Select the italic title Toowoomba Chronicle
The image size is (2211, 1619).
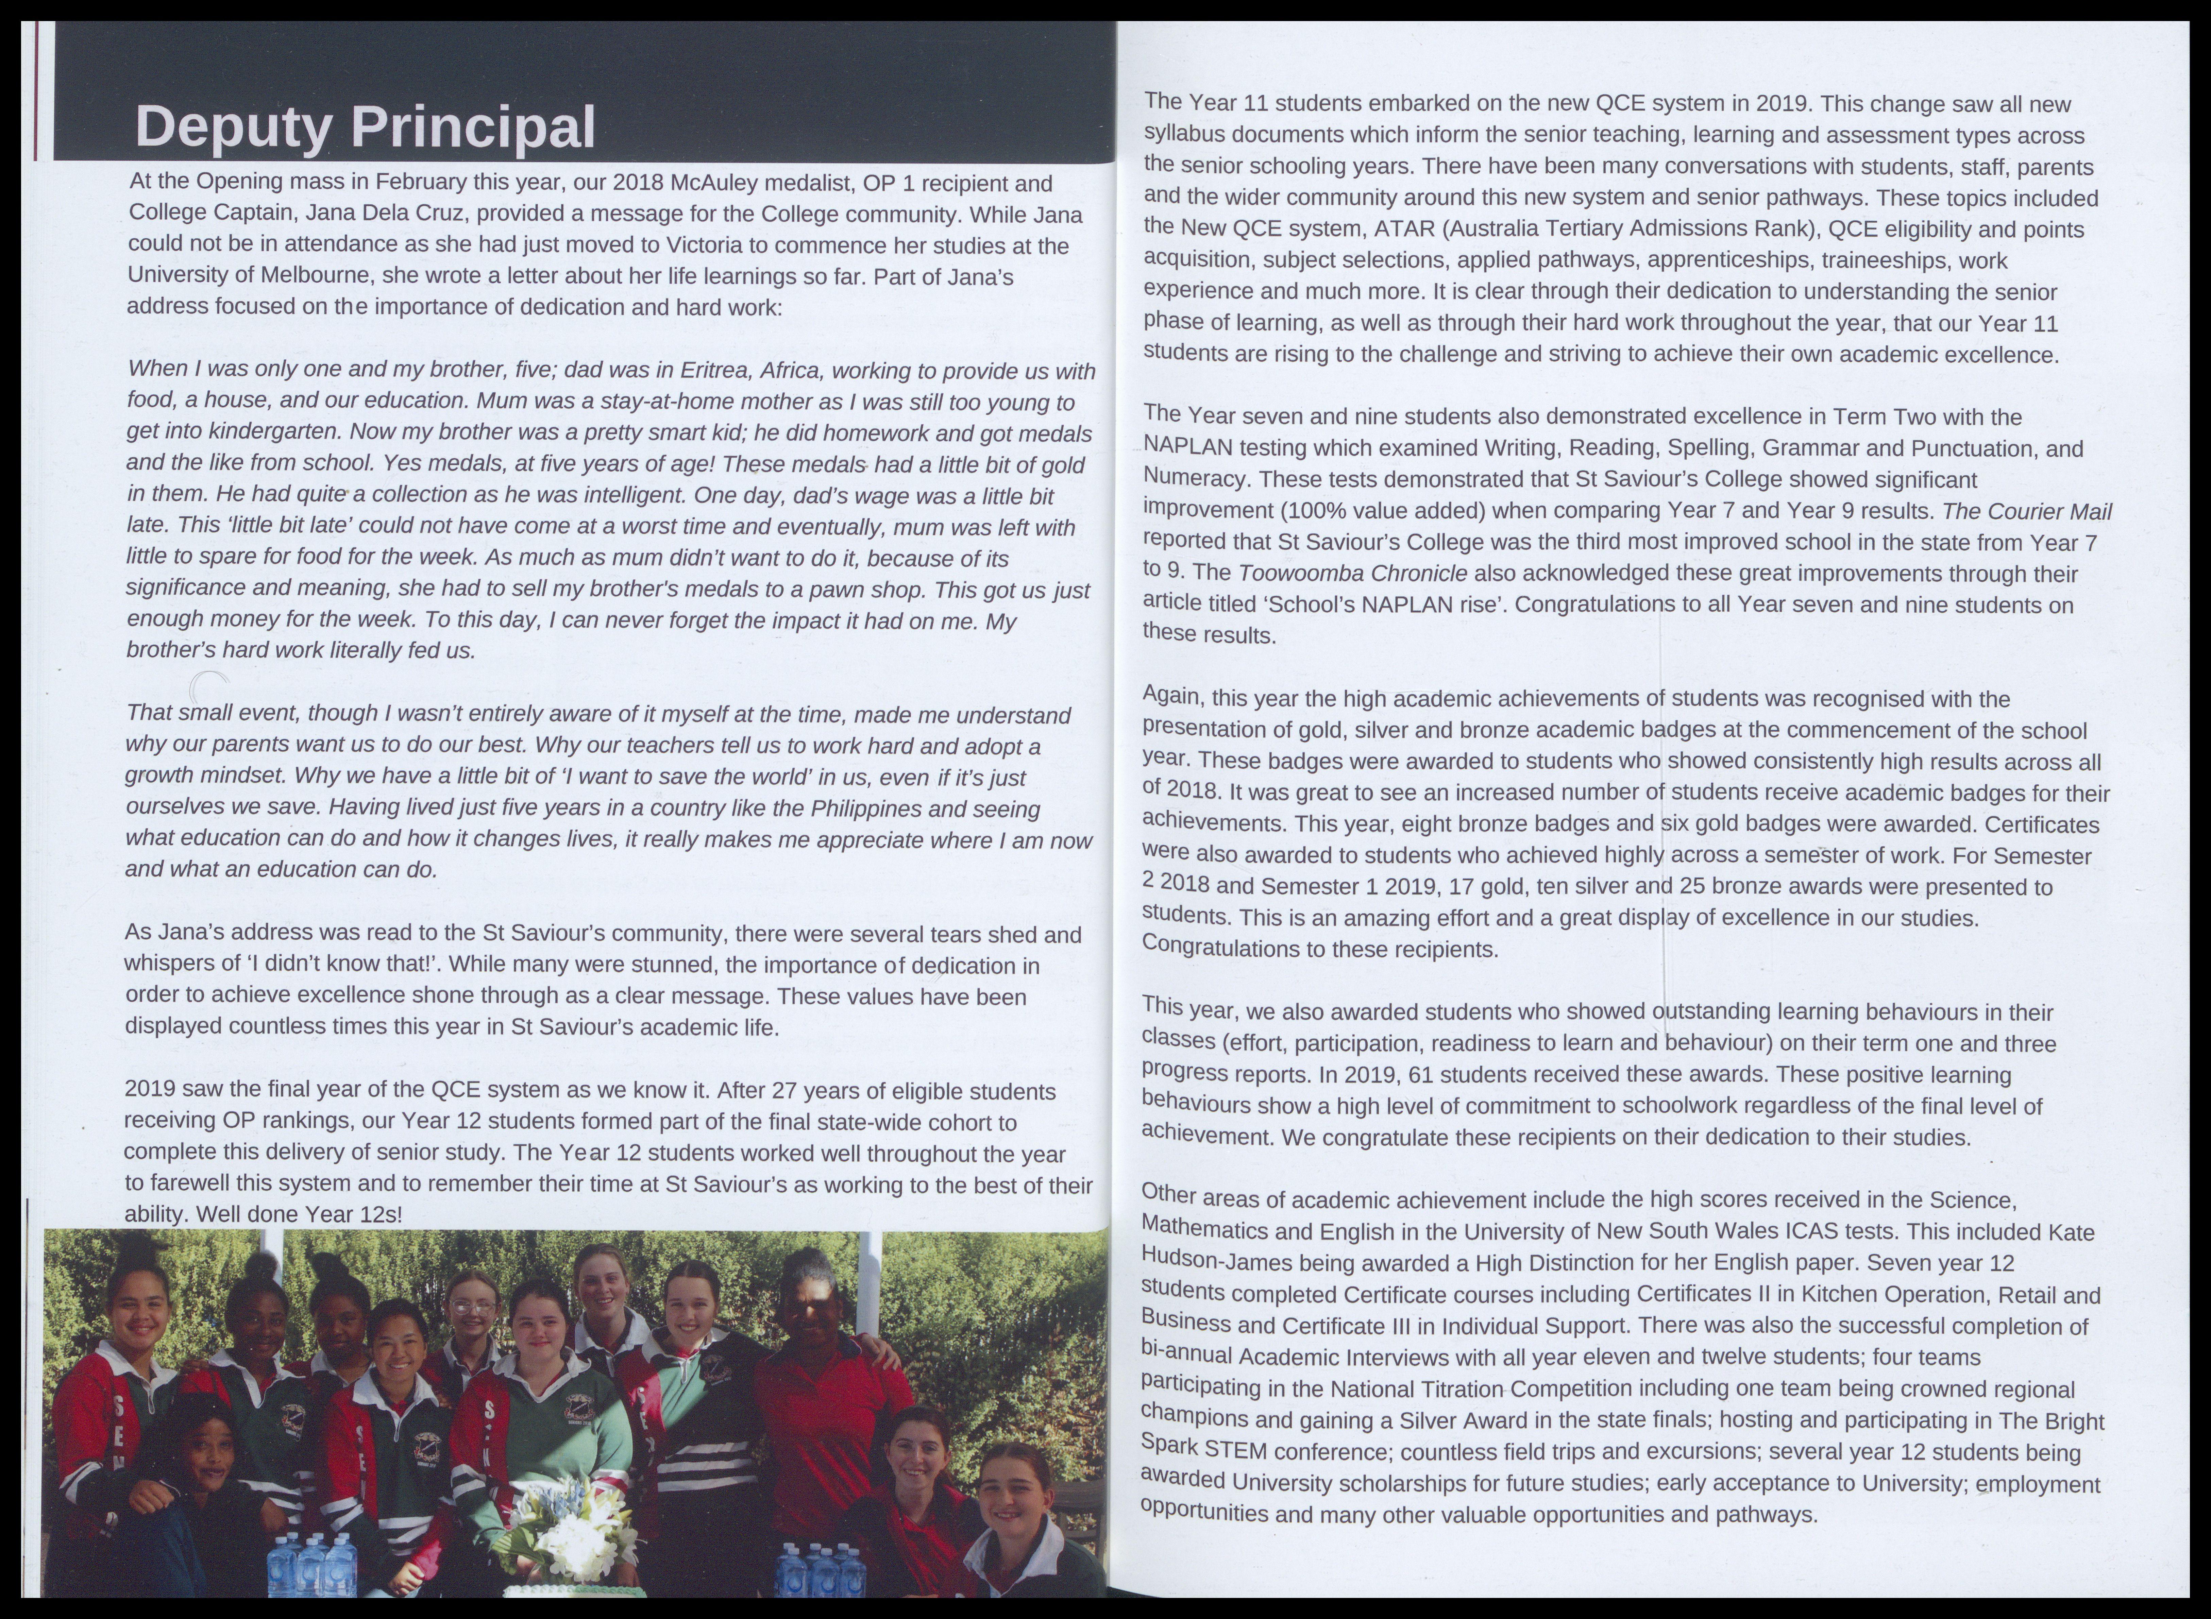tap(1352, 572)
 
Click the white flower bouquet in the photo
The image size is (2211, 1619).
tap(563, 1529)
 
